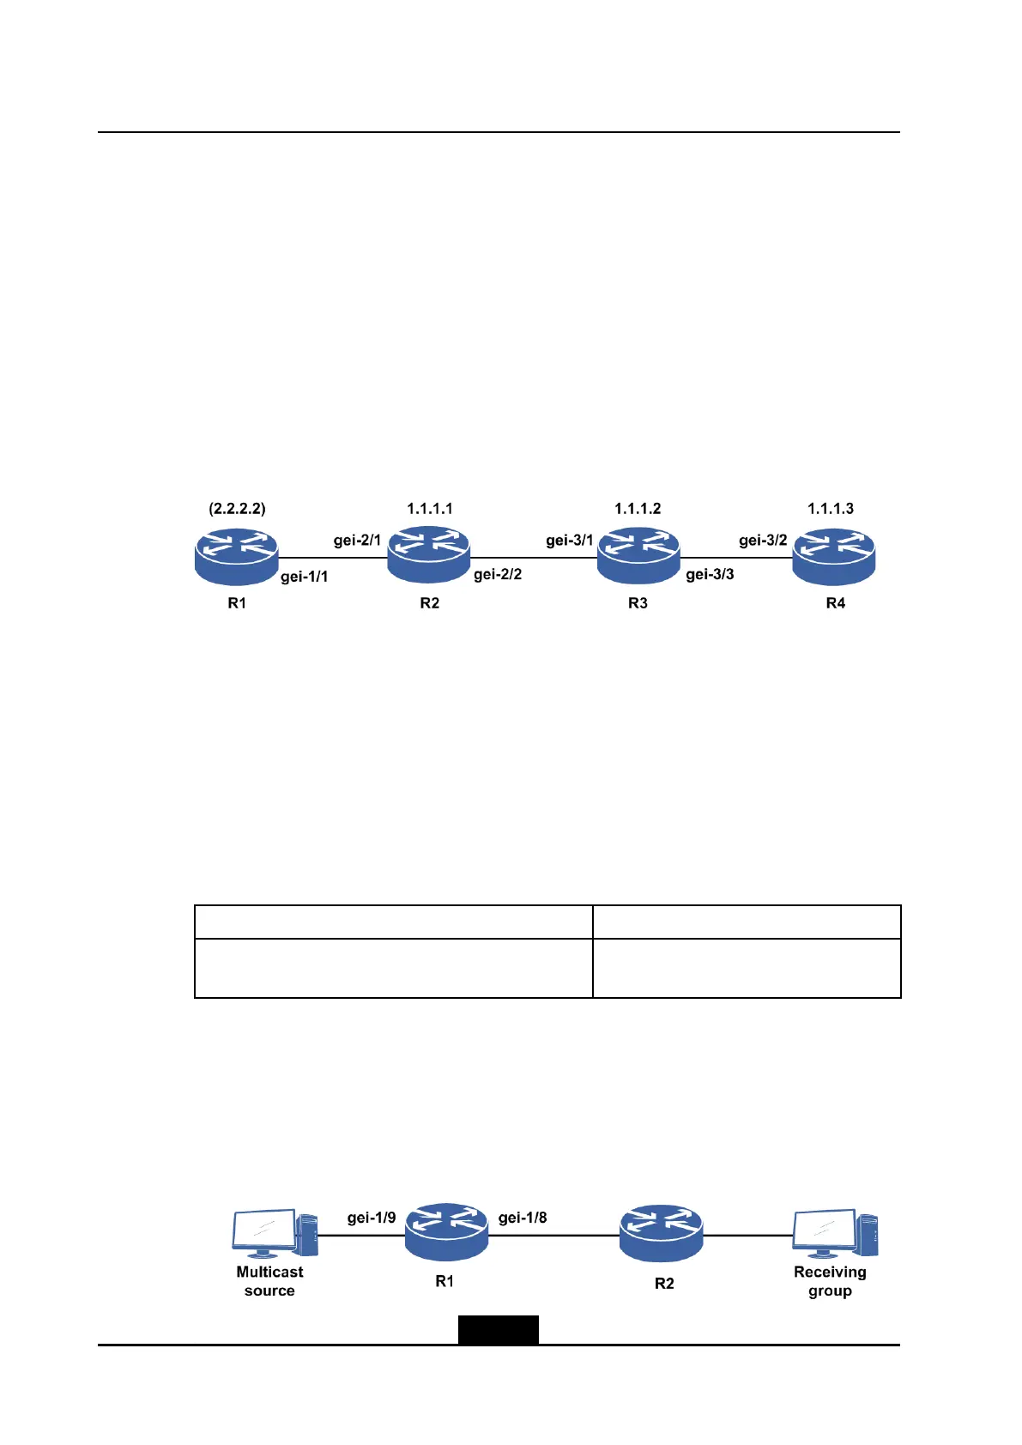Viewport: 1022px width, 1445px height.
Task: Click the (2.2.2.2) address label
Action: [x=237, y=509]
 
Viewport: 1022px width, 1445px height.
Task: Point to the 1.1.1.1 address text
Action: [x=429, y=509]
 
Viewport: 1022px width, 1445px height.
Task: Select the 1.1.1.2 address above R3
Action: [x=638, y=509]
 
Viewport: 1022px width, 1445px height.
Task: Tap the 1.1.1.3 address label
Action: [x=830, y=509]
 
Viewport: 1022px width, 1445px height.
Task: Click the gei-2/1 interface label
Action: [x=357, y=541]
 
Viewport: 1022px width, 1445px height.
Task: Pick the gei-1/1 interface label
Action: [x=305, y=577]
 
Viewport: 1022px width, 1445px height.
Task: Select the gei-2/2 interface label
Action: [x=498, y=574]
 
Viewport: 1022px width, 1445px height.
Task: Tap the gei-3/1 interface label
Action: [x=570, y=541]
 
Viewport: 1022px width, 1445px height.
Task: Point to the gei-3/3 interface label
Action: [x=710, y=574]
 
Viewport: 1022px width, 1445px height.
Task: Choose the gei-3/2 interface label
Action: [x=763, y=541]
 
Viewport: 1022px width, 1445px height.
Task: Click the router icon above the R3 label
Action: [x=638, y=556]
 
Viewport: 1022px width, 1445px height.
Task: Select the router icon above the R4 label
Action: [x=833, y=556]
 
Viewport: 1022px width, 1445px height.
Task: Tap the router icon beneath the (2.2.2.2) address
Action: [x=237, y=556]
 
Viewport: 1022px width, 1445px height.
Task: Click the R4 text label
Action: [x=835, y=603]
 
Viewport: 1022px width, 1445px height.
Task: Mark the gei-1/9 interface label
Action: [x=372, y=1218]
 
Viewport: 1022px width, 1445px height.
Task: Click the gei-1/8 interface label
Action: [x=523, y=1218]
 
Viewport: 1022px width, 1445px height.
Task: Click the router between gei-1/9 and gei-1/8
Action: [x=446, y=1231]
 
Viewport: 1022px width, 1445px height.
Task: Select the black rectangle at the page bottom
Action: [x=498, y=1329]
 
